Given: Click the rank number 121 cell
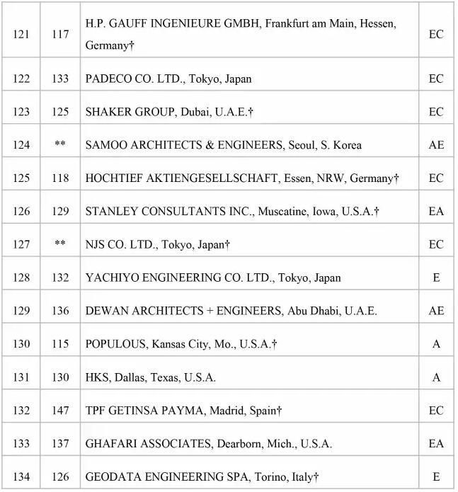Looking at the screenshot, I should coord(21,34).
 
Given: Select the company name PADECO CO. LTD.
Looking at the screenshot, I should coord(134,79).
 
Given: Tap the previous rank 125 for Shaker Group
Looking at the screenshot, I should coord(60,112).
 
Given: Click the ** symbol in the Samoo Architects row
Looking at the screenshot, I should coord(60,145).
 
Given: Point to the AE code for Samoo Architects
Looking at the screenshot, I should coord(436,145).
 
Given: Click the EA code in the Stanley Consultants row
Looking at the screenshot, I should coord(436,211).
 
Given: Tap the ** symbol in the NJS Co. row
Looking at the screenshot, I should coord(60,244).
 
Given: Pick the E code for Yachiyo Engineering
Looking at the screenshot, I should coord(436,278).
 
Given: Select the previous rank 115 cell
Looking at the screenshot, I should coord(60,344).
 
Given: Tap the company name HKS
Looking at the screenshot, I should coord(97,377).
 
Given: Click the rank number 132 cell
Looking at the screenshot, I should coord(21,411).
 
